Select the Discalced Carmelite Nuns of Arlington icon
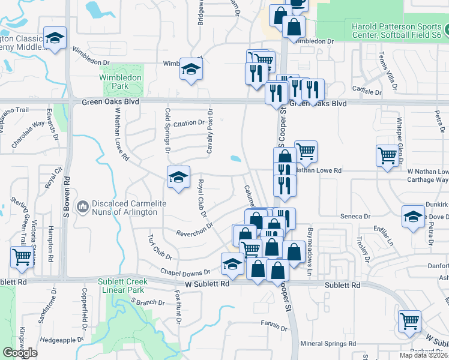(x=82, y=207)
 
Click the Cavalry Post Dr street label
(x=210, y=131)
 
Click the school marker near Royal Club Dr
(x=178, y=177)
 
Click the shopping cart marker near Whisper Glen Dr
(x=388, y=155)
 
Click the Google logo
(x=20, y=352)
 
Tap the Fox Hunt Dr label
(x=178, y=306)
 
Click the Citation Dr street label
(x=189, y=123)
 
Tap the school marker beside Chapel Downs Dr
(x=232, y=263)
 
